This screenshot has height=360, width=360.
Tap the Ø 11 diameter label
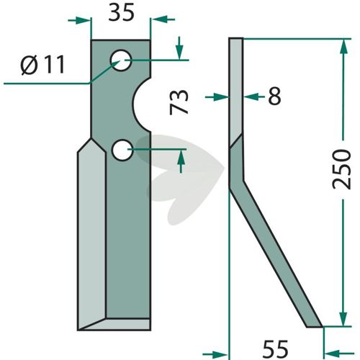(42, 65)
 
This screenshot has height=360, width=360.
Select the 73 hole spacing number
(179, 102)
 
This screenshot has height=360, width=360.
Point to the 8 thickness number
(274, 96)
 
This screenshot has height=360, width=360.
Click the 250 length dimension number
(341, 169)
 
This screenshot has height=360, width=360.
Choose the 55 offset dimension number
(275, 348)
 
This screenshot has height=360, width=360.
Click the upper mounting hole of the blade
(121, 60)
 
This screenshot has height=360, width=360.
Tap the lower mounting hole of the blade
(122, 150)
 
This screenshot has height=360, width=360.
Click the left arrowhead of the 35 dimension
(84, 20)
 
